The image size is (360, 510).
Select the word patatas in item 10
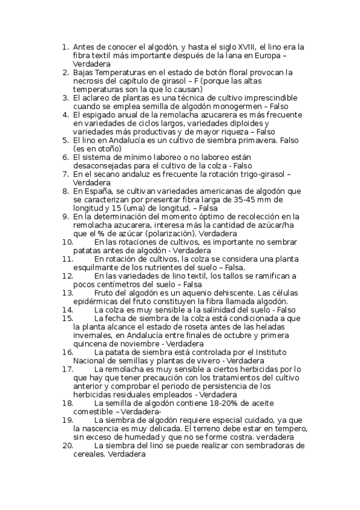87,250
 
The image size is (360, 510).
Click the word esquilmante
96,267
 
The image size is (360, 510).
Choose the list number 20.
67,446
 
